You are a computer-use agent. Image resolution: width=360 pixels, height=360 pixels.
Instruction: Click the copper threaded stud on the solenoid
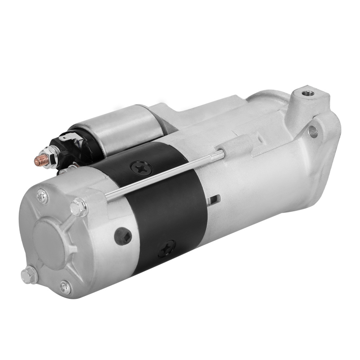click(x=40, y=161)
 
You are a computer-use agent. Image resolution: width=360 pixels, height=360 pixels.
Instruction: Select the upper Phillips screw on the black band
click(x=141, y=167)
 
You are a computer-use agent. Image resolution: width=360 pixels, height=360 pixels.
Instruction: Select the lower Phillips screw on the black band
click(x=167, y=249)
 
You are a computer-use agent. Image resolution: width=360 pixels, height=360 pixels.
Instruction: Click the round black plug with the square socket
click(x=123, y=236)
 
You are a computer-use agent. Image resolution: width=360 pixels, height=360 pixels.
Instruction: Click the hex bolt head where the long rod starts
click(x=79, y=207)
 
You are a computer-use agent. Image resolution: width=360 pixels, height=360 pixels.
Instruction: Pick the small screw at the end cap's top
click(x=42, y=197)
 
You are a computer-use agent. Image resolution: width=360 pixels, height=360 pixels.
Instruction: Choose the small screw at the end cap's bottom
click(x=65, y=287)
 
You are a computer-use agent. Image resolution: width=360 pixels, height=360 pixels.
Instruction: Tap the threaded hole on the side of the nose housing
click(x=313, y=131)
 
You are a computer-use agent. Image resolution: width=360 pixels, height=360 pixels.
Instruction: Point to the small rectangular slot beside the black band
click(x=215, y=199)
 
